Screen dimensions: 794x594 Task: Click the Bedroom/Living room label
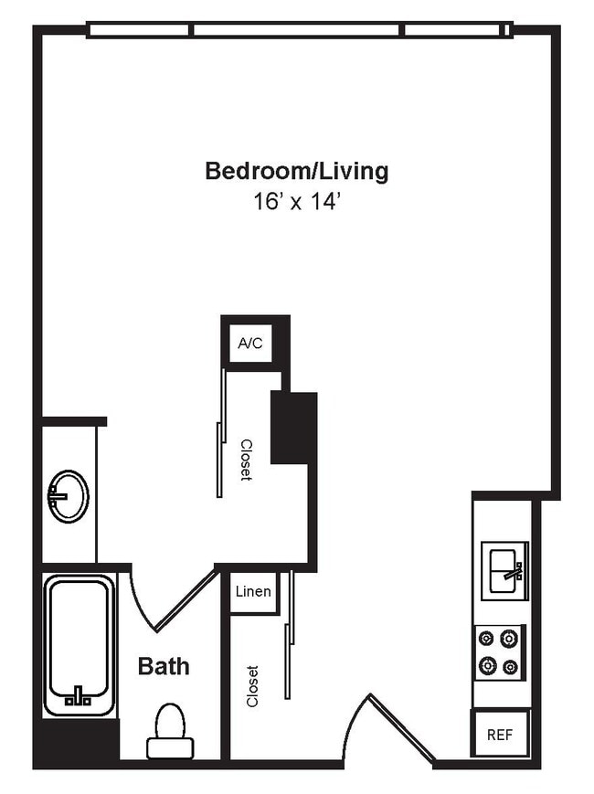(296, 171)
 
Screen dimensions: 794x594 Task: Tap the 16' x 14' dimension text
(297, 202)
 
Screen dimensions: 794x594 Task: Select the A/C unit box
(249, 344)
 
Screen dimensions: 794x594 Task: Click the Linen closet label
(253, 591)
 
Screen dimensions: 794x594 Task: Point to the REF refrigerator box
(499, 734)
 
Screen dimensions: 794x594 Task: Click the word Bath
(164, 666)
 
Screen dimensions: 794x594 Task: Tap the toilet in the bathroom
(170, 730)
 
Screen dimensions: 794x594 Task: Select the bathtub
(80, 645)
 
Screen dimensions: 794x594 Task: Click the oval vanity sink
(69, 495)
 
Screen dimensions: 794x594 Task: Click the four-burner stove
(498, 652)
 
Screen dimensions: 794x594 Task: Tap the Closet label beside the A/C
(246, 460)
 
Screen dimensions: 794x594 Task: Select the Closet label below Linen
(253, 685)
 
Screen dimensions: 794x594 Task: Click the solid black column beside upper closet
(293, 428)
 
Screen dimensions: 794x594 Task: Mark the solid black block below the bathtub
(76, 743)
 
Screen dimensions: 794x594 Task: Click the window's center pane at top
(297, 30)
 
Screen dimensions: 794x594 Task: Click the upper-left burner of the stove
(485, 639)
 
